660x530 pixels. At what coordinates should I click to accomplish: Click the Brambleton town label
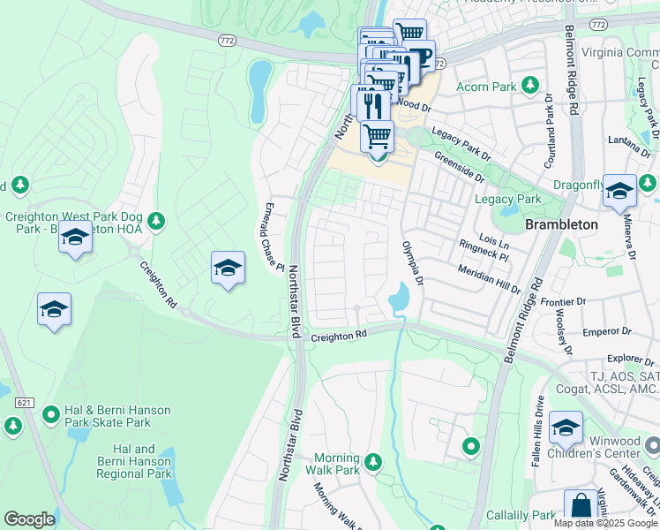[x=561, y=224]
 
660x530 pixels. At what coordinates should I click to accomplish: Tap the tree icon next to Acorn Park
[x=530, y=86]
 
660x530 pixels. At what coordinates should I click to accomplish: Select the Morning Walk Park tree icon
[x=373, y=461]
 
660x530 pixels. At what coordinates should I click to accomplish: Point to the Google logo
[x=29, y=519]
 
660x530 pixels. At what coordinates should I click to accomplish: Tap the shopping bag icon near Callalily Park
[x=581, y=507]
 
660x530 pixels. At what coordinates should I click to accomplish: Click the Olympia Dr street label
[x=413, y=262]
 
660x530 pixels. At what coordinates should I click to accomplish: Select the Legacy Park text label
[x=507, y=200]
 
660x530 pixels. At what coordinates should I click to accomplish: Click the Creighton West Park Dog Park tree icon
[x=156, y=219]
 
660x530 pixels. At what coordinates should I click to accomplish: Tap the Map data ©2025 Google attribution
[x=605, y=522]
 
